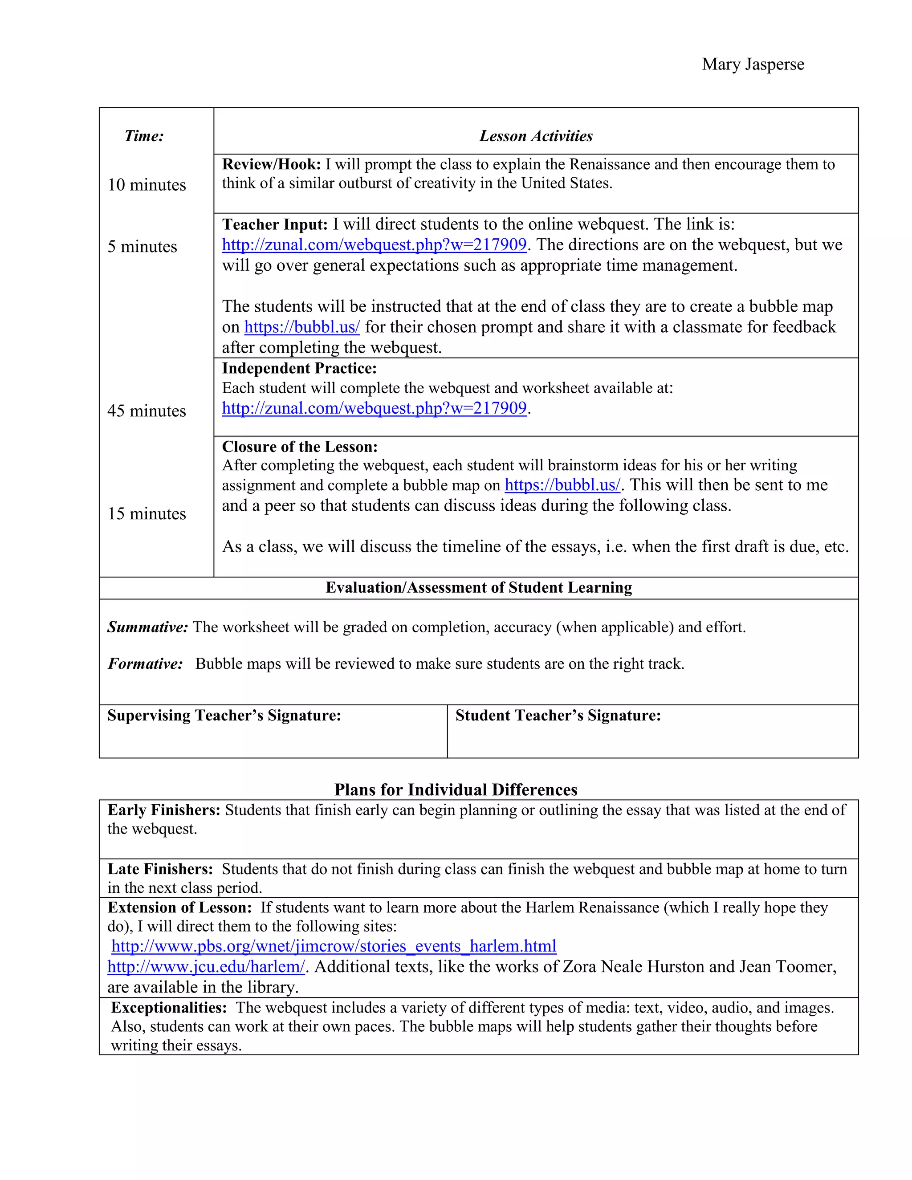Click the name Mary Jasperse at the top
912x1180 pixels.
tap(753, 64)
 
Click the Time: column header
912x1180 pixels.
tap(144, 136)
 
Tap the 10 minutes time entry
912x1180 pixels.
tap(147, 185)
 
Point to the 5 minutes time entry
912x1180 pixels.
tap(142, 246)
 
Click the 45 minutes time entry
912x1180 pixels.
tap(147, 411)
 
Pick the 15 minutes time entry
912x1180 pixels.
tap(147, 513)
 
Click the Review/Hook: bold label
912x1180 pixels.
tap(271, 164)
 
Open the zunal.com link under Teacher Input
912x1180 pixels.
tap(374, 245)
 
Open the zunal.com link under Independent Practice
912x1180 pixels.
tap(374, 408)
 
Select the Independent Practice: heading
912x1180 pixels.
tap(299, 369)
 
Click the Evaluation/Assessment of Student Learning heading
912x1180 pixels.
tap(479, 587)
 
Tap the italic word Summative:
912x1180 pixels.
tap(147, 627)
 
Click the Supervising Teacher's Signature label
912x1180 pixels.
tap(224, 716)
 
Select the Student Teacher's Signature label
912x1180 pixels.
tap(558, 716)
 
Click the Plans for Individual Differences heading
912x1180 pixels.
tap(456, 789)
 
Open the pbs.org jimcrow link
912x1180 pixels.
tap(334, 946)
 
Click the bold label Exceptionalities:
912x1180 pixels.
tap(169, 1008)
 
